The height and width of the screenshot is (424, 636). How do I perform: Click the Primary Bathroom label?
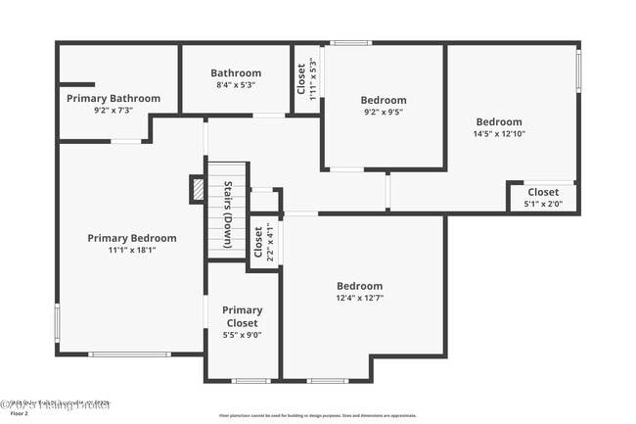[x=113, y=98]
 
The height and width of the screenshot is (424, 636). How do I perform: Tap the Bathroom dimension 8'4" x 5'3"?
[x=235, y=85]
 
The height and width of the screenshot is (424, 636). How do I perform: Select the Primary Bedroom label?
[x=132, y=238]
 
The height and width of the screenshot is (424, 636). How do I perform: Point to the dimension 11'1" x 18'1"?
[x=132, y=250]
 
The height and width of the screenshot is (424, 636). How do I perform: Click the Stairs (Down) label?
[x=227, y=214]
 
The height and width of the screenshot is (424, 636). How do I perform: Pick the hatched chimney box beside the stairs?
[x=197, y=187]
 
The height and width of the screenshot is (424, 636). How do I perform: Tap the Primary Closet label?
[x=242, y=316]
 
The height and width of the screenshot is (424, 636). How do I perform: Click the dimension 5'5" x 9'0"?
[x=242, y=335]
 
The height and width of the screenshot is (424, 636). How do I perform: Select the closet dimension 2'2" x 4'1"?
[x=270, y=242]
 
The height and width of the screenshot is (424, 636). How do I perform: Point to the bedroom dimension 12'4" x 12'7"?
[x=359, y=298]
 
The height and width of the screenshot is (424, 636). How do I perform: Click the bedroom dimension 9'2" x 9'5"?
[x=383, y=112]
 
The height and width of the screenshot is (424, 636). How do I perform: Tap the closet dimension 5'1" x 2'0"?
[x=543, y=205]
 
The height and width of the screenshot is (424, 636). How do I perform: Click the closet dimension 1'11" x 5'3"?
[x=312, y=79]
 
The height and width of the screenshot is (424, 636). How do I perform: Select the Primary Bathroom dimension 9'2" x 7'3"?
[x=113, y=111]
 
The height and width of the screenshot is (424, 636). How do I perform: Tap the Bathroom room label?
[x=236, y=72]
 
